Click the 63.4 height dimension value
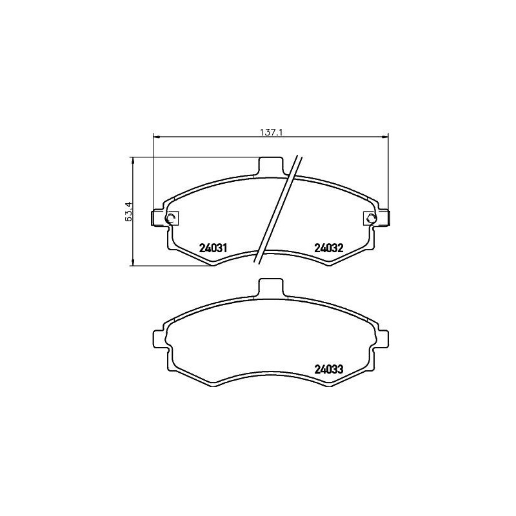pyautogui.click(x=128, y=211)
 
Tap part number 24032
pyautogui.click(x=328, y=247)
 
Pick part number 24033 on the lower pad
pyautogui.click(x=328, y=370)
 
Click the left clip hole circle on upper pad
pyautogui.click(x=171, y=219)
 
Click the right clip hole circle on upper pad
pyautogui.click(x=371, y=219)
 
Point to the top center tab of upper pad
pyautogui.click(x=271, y=165)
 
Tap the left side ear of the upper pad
pyautogui.click(x=158, y=218)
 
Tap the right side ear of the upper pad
pyautogui.click(x=384, y=218)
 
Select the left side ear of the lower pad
pyautogui.click(x=158, y=339)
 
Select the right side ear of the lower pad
pyautogui.click(x=384, y=339)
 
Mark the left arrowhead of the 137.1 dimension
pyautogui.click(x=155, y=136)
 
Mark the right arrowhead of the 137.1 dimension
pyautogui.click(x=387, y=136)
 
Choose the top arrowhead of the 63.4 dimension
pyautogui.click(x=132, y=159)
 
